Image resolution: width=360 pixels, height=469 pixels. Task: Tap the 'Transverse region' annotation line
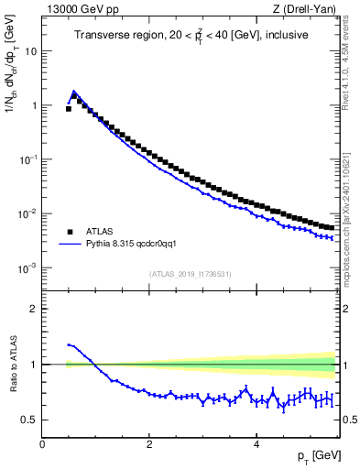[x=190, y=35]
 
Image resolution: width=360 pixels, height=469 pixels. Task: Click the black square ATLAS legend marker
[x=69, y=233]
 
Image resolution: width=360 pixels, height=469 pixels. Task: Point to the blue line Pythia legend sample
[x=69, y=245]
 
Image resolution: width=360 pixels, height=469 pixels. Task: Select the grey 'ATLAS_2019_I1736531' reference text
[x=190, y=274]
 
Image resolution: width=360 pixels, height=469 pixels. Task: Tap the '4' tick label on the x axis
[x=256, y=444]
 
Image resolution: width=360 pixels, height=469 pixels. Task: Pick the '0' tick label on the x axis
[x=42, y=444]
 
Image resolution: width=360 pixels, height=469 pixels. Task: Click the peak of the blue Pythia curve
[x=74, y=91]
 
